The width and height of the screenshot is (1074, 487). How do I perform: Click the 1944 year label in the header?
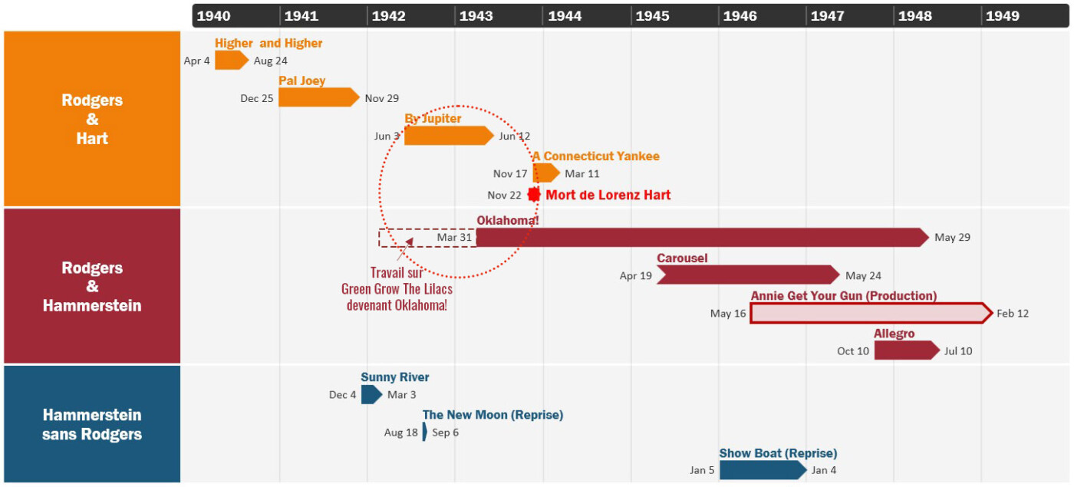tap(565, 16)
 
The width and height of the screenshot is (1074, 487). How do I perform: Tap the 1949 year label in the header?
tap(1002, 16)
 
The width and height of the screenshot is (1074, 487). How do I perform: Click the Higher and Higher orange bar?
tap(232, 61)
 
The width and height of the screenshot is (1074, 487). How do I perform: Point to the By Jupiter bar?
tap(449, 136)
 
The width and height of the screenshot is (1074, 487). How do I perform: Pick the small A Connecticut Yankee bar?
tap(546, 173)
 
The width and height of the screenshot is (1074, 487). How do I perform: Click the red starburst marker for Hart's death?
tap(534, 195)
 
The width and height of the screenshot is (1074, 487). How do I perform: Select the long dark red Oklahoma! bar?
tap(703, 237)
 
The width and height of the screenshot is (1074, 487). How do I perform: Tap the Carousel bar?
tap(748, 275)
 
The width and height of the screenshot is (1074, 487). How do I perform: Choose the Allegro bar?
tap(907, 350)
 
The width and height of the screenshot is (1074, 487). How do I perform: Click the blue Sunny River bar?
tap(371, 394)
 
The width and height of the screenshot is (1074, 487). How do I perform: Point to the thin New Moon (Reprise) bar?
tap(425, 432)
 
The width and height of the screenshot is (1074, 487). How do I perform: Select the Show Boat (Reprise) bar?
tap(763, 469)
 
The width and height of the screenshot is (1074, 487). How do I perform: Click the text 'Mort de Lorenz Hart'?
tap(608, 195)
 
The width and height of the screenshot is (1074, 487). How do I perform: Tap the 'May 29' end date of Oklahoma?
tap(952, 237)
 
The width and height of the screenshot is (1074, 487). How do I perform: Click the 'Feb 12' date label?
tap(1013, 314)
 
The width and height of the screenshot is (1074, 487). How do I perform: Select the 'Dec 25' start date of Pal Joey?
tap(256, 98)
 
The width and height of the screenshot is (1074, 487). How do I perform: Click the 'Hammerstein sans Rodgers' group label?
tap(92, 424)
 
